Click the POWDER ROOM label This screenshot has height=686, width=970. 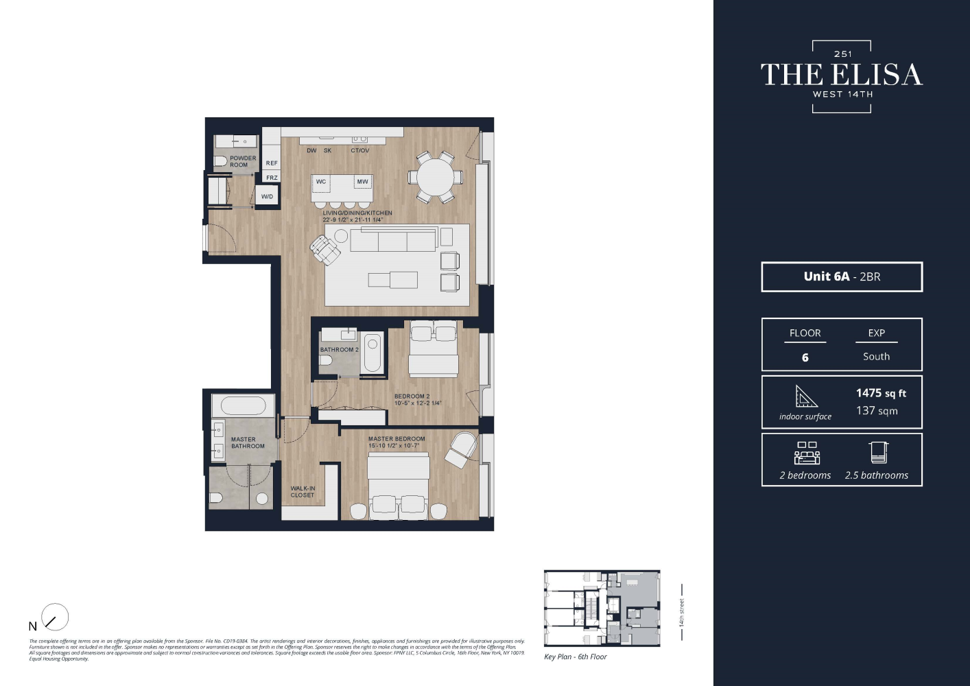pos(242,161)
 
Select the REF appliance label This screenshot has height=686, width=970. pos(272,163)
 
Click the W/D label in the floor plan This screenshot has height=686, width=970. pos(267,196)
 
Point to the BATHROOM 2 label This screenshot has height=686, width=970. pos(339,350)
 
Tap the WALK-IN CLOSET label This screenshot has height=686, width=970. pos(303,492)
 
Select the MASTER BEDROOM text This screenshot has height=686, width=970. pos(397,439)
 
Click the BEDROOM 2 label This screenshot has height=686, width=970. pos(412,397)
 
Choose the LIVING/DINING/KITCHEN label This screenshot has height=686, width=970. pos(357,213)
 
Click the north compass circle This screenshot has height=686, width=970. pos(55,617)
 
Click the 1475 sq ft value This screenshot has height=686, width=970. pos(881,393)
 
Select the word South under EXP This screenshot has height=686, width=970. pos(876,357)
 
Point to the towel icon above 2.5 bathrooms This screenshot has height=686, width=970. pos(878,453)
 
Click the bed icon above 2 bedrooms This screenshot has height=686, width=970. pos(807,453)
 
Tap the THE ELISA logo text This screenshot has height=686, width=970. pos(842,75)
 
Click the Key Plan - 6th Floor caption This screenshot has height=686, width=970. pos(575,657)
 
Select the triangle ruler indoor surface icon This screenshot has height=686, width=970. pos(805,397)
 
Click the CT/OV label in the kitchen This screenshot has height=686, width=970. pos(359,151)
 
